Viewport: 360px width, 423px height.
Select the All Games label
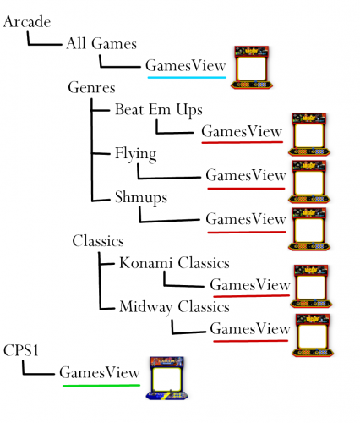click(101, 43)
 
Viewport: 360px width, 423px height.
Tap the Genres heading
click(91, 88)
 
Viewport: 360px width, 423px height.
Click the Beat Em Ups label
click(158, 110)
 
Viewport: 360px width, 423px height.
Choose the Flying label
click(135, 153)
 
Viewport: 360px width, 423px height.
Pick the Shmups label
click(141, 197)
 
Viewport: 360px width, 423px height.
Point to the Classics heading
click(99, 241)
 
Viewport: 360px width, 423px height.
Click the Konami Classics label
click(173, 263)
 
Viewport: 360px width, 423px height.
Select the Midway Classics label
click(174, 306)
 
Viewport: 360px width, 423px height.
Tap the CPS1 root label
click(23, 349)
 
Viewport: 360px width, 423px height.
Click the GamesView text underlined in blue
click(186, 65)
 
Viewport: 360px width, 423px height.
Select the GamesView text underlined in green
click(99, 372)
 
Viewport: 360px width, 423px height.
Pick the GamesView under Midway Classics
click(249, 328)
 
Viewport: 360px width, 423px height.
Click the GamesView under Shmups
click(246, 219)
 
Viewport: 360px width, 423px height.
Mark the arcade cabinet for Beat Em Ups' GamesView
click(309, 134)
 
